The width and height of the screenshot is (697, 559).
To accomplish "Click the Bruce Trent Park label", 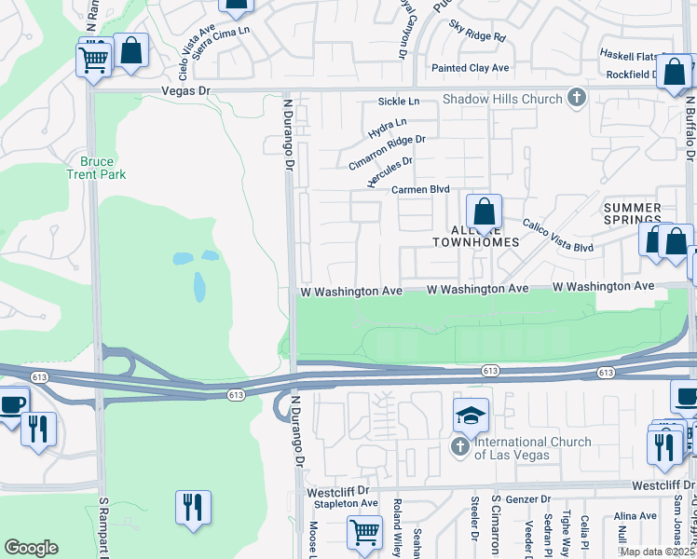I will point(96,167).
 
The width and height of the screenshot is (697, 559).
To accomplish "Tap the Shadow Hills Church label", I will point(502,99).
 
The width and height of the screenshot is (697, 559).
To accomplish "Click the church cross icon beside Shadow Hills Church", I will point(577,97).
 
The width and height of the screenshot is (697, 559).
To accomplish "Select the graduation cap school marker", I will point(471,415).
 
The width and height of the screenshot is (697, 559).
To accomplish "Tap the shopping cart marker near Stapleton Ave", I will point(364,533).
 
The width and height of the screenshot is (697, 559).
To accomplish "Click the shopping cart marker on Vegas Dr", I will point(93,61).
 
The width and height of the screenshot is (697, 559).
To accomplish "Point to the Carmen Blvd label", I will point(420,189).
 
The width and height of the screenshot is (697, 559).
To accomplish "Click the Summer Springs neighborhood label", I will point(632,215).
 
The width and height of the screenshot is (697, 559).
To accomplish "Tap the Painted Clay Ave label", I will point(470,68).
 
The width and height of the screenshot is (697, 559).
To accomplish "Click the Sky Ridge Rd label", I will point(476,32).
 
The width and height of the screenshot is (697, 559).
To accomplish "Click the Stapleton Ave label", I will point(345,503).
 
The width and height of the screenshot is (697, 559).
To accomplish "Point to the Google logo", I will point(31,548).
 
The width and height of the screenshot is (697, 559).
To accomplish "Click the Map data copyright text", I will point(656,552).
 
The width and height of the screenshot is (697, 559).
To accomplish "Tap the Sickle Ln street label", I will point(399,101).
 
